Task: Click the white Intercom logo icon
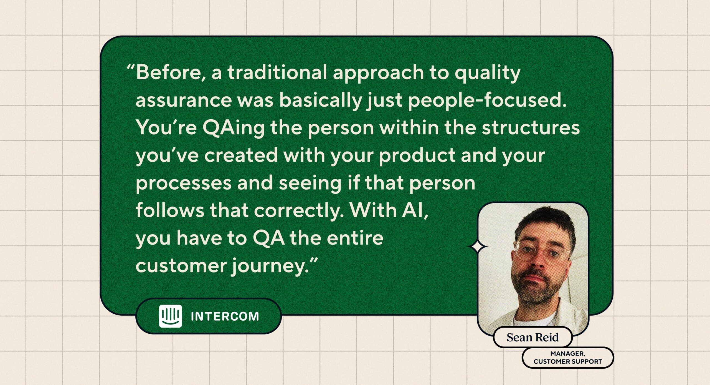click(170, 316)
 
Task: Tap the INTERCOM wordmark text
click(225, 316)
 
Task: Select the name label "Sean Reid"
click(532, 337)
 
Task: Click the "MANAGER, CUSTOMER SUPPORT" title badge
click(568, 358)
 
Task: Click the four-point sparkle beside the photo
click(478, 246)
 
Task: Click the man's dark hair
click(544, 222)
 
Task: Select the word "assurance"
click(184, 100)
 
